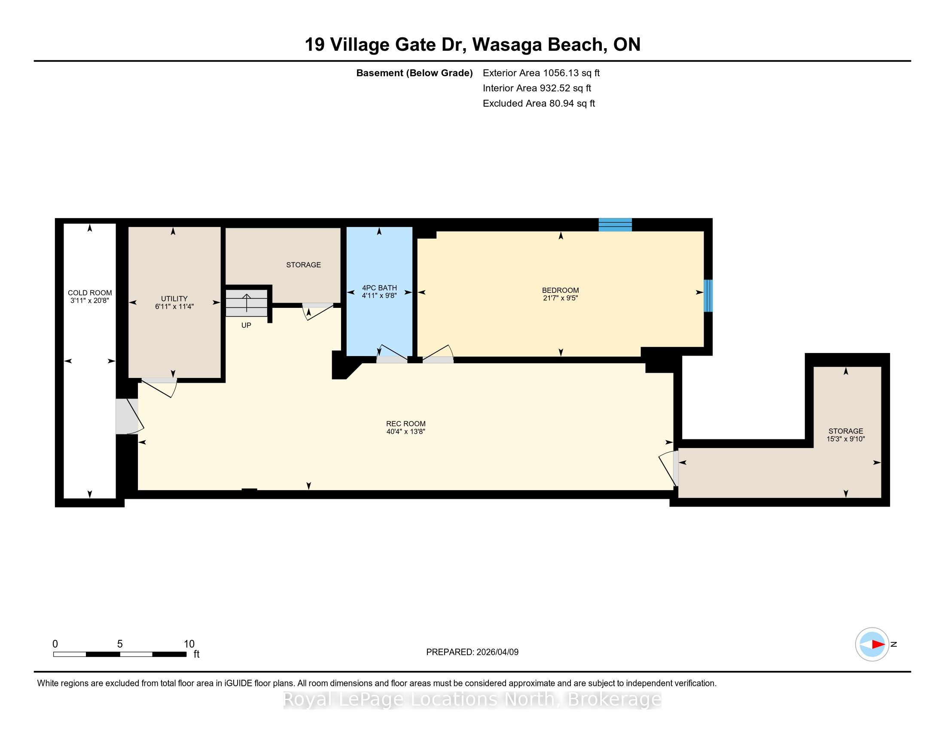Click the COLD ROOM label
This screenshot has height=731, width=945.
[90, 293]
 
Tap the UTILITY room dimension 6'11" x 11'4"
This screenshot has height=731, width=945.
[174, 307]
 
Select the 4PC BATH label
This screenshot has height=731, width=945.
[379, 288]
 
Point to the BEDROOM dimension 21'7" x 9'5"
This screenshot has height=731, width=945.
[560, 298]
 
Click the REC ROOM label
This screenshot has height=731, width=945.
[406, 424]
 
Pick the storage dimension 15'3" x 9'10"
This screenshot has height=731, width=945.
[845, 439]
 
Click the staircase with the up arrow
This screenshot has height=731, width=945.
[247, 303]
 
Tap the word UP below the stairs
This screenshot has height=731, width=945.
[246, 325]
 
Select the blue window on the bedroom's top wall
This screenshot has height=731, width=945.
[615, 225]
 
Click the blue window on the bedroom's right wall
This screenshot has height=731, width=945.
[708, 296]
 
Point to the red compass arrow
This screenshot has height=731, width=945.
[878, 645]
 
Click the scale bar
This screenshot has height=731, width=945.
[120, 654]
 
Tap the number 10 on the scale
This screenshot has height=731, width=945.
[189, 644]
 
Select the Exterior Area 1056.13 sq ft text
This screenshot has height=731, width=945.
[541, 73]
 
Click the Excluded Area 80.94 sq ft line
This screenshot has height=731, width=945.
[539, 103]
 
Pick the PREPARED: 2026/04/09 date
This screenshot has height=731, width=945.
[472, 652]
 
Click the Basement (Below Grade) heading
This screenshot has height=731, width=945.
[414, 73]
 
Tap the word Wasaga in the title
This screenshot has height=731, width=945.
[507, 45]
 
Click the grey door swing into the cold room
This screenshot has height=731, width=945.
[127, 416]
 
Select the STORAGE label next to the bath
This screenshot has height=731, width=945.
[303, 264]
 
